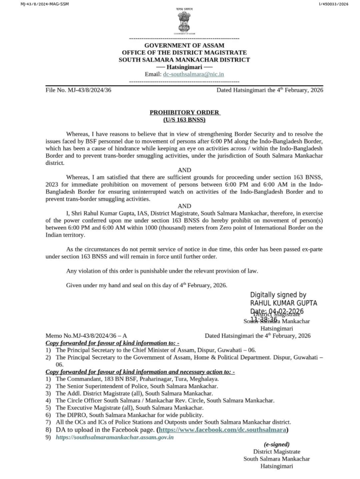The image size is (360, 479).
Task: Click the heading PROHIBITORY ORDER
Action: [184, 112]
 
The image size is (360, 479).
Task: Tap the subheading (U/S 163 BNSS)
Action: [184, 120]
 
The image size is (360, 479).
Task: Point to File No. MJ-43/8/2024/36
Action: [78, 90]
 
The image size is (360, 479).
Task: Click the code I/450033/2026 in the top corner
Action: [334, 4]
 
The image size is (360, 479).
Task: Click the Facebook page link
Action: [223, 429]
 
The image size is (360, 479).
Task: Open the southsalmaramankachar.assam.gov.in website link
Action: [115, 437]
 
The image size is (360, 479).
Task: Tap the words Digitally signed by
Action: [278, 295]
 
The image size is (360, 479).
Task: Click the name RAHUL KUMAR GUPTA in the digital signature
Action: [284, 303]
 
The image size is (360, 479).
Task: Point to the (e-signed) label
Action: [276, 444]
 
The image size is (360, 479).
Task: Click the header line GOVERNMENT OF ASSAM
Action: [184, 45]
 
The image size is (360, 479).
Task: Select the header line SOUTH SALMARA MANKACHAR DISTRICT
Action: [184, 60]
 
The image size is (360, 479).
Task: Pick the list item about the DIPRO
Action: [129, 414]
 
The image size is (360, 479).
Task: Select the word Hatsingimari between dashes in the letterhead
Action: [184, 67]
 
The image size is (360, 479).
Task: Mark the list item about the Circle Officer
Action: [165, 400]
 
